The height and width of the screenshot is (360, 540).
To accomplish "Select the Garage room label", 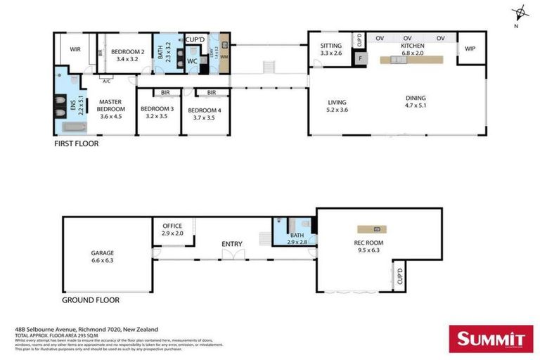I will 103,257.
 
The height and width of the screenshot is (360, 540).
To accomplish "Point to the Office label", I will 172,229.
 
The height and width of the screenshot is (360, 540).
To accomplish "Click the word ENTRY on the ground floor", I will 232,244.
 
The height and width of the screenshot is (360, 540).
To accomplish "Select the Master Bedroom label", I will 110,106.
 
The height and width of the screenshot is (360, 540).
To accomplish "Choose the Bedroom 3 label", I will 157,112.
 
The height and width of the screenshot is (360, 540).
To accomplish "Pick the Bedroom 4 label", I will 205,112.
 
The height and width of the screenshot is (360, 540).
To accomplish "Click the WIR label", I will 75,49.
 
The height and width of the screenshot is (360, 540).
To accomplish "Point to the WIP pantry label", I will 470,49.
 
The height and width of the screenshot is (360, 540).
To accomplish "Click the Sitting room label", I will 330,49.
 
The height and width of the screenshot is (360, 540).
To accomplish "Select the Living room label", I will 337,106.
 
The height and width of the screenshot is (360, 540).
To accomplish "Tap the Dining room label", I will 415,101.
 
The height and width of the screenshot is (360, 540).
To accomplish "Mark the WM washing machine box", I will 224,56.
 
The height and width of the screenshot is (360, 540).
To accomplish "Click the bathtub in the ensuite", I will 73,127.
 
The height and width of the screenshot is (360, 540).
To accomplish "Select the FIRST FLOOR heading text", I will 77,143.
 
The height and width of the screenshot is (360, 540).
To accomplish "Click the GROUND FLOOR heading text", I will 90,300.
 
